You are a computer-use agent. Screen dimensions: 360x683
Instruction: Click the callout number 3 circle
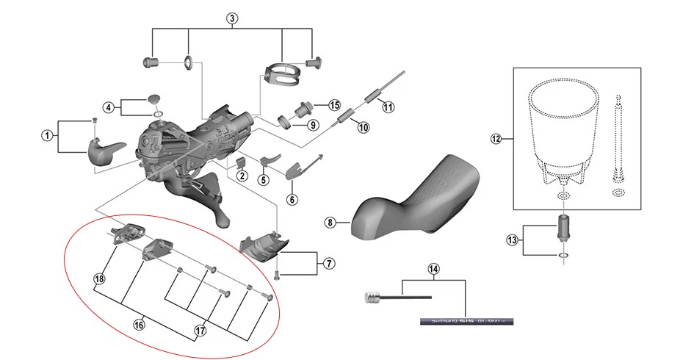[232, 18]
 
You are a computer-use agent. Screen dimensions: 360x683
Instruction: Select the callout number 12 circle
[496, 139]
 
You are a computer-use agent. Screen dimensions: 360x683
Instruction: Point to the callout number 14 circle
[433, 269]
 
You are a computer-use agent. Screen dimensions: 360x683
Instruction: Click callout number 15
[334, 105]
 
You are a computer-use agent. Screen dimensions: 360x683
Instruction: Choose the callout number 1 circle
[47, 135]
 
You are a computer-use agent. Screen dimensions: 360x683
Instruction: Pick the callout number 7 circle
[328, 263]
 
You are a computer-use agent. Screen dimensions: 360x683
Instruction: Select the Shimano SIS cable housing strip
[467, 321]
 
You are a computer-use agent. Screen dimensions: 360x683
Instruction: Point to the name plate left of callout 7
[264, 247]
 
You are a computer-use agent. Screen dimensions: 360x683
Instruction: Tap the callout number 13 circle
[513, 240]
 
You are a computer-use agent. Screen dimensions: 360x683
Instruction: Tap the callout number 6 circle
[292, 199]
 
